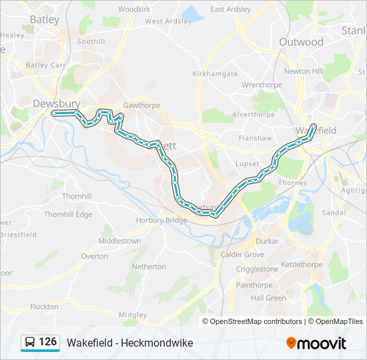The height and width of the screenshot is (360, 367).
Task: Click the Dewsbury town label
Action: [56, 103]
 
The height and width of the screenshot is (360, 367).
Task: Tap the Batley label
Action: [44, 19]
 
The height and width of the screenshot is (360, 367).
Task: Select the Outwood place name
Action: [301, 42]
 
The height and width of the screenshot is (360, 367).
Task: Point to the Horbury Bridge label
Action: [167, 220]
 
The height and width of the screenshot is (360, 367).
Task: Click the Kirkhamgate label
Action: [215, 74]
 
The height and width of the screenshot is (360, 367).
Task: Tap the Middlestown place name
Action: [119, 241]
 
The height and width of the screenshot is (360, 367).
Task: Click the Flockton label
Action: [44, 307]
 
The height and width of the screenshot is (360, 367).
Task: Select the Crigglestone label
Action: [257, 269]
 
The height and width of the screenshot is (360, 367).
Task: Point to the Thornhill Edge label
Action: [68, 215]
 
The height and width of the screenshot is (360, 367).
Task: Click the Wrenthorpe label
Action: [262, 85]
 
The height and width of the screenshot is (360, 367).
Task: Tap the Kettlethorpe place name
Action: [302, 265]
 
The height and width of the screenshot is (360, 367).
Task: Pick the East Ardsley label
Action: [231, 9]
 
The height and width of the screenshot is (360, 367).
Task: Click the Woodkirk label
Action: [135, 9]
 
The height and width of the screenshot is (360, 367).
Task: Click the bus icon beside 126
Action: [31, 343]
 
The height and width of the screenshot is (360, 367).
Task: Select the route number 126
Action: [47, 342]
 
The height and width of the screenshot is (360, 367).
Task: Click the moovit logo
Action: [316, 343]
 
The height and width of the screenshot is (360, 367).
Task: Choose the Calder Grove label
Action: [242, 255]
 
